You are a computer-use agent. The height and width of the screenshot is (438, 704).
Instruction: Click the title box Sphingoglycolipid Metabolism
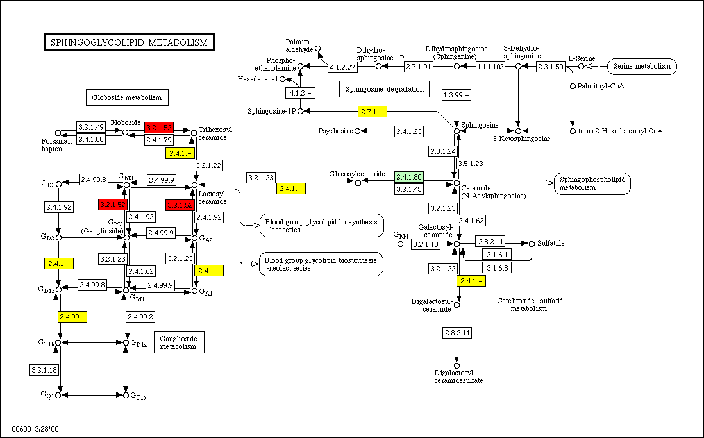pos(129,42)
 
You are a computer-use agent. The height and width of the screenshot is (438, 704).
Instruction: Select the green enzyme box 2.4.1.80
pos(409,177)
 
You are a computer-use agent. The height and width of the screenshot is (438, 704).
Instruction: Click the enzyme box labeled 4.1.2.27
pos(342,67)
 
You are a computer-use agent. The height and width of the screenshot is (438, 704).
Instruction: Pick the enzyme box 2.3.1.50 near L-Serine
pos(551,67)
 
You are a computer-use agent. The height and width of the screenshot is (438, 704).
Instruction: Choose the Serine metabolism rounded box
pos(642,66)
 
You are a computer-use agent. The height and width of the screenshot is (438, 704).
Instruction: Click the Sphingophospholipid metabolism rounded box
pos(592,183)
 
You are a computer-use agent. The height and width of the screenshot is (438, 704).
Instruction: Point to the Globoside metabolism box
pos(127,97)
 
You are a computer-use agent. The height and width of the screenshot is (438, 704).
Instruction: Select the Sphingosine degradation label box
pos(384,89)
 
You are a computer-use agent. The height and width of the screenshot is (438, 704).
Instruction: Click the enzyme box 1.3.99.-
pos(457,95)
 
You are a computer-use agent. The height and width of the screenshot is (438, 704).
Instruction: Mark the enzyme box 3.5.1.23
pos(470,164)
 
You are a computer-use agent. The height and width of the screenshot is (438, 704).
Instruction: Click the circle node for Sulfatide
pos(532,244)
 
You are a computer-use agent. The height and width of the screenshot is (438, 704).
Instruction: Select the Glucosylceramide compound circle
pos(358,183)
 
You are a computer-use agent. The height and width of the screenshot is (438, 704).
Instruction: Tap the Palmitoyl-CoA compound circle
pos(573,86)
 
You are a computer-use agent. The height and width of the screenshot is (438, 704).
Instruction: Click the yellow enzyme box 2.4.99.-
pos(72,316)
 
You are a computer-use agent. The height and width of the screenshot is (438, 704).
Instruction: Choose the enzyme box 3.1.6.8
pos(498,267)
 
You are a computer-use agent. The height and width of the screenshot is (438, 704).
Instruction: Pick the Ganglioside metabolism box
pos(179,342)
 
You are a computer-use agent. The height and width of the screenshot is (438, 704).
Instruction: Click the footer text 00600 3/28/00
pos(35,428)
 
